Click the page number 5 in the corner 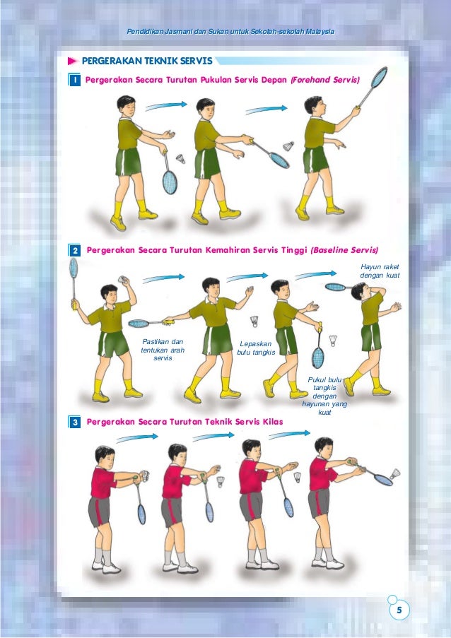[399, 610]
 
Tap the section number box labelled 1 [74, 80]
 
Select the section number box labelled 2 [75, 250]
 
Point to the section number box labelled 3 [75, 422]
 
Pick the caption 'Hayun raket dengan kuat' [380, 271]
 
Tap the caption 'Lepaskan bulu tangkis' [256, 348]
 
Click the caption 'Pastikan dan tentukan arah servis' [163, 350]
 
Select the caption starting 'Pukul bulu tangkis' [324, 396]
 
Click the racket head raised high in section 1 [379, 77]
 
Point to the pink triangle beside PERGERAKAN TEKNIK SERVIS [72, 61]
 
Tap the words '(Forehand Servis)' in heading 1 [325, 80]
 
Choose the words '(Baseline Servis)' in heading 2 [344, 250]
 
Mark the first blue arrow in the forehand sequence [166, 106]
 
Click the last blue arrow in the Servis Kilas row [289, 434]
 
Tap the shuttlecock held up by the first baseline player [123, 280]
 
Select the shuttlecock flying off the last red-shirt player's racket [395, 474]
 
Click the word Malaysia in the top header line [321, 32]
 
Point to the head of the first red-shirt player [105, 456]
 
